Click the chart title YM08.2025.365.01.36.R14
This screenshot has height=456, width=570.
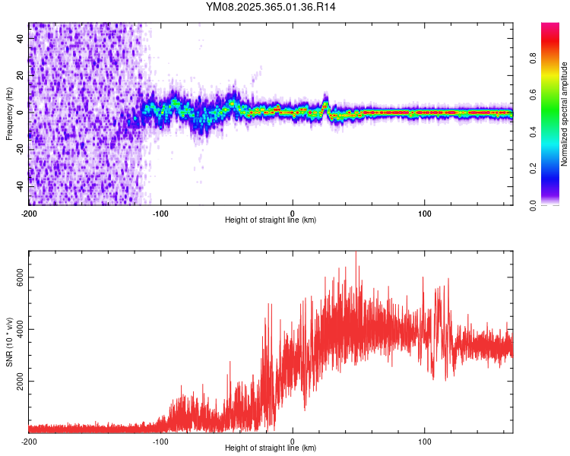[271, 7]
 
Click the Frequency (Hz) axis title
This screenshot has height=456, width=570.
[9, 114]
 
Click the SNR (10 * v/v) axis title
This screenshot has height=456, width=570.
[9, 342]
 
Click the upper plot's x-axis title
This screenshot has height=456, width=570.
[271, 220]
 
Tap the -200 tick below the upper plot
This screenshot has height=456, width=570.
[29, 212]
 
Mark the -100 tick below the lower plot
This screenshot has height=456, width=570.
[161, 440]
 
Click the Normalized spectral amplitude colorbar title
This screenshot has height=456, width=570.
[565, 114]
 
